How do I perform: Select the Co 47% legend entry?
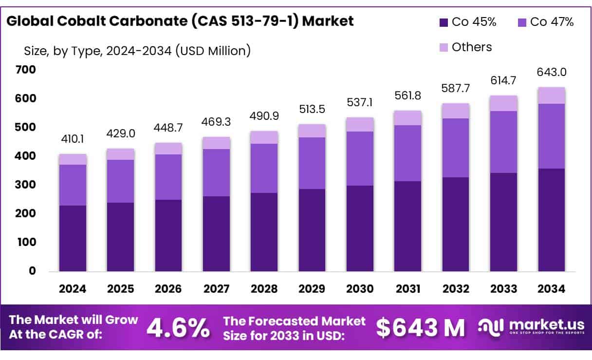[546, 22]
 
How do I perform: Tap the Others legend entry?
[465, 47]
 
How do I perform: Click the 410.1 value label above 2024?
[73, 140]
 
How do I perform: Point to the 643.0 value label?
[552, 73]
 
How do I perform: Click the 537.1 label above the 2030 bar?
[360, 103]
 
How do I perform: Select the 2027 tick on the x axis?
[217, 289]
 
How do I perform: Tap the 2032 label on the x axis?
[456, 289]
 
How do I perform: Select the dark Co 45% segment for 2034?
[552, 220]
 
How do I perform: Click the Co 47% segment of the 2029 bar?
[312, 163]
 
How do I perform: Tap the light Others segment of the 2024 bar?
[73, 159]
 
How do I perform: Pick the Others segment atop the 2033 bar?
[503, 103]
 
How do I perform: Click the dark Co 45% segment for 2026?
[168, 235]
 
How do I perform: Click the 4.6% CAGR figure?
[178, 328]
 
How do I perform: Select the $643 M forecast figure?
[421, 328]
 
